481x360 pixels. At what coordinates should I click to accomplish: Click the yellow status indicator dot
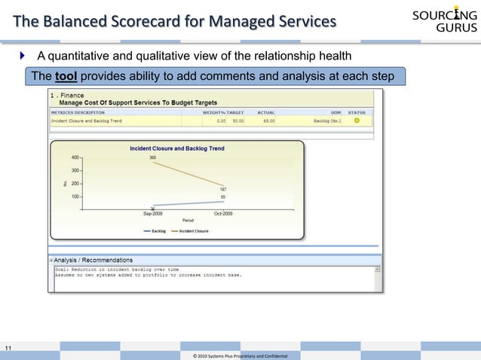[357, 121]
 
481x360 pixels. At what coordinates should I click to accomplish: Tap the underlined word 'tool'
[66, 76]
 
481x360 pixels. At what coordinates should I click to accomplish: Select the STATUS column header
[357, 112]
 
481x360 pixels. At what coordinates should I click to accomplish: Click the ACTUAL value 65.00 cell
[266, 121]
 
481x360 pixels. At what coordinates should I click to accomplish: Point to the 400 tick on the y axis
[75, 157]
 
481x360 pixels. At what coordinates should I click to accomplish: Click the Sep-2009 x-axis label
[154, 214]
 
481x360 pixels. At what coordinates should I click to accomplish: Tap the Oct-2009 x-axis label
[223, 214]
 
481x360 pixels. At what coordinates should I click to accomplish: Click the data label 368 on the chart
[153, 158]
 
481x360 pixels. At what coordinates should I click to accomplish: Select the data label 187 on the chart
[223, 189]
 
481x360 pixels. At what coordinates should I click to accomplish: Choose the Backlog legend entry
[155, 231]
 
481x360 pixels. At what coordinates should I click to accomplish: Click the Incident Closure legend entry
[192, 231]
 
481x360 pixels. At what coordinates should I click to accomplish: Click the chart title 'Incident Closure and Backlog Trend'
[177, 149]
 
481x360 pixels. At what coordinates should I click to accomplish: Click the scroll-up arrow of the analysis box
[377, 268]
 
